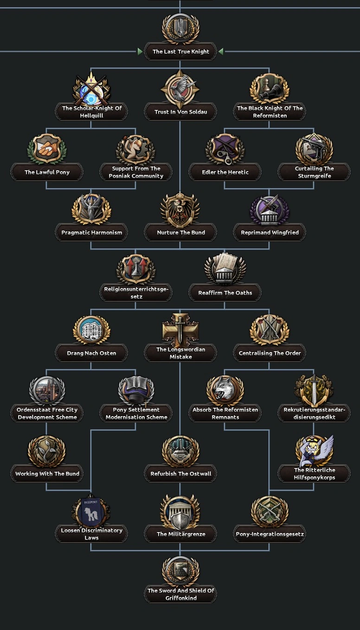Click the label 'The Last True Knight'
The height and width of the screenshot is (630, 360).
180,51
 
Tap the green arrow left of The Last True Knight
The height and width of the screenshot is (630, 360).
140,51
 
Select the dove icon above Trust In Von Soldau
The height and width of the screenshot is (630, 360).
180,89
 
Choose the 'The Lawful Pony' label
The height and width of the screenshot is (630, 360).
47,172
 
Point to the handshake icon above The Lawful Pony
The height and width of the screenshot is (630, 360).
47,149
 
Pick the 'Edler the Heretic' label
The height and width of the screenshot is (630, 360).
225,172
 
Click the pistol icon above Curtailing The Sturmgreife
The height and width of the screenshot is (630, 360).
314,149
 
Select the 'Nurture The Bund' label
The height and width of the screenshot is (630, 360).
180,232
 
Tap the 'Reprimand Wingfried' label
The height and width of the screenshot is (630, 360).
270,232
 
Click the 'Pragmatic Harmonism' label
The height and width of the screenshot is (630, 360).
91,232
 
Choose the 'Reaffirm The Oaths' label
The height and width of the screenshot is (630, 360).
225,293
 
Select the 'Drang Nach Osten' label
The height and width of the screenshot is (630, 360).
91,353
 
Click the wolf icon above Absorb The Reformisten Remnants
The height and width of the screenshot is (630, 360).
225,391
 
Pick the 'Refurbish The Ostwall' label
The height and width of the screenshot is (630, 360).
180,474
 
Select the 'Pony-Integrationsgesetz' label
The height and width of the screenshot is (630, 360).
270,534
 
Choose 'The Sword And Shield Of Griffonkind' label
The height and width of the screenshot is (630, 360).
180,594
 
